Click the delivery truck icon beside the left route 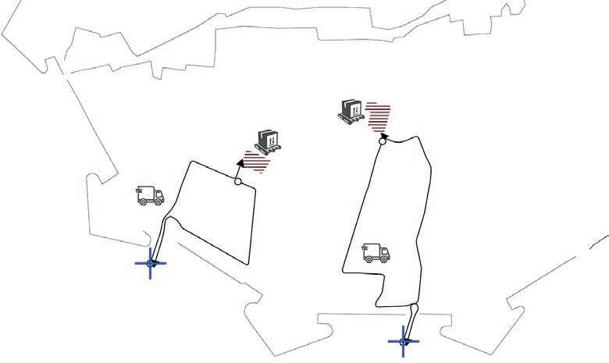[150, 195]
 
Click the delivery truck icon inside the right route [376, 252]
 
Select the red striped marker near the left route [256, 162]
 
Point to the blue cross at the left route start [150, 264]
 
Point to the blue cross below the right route [404, 340]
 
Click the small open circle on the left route [238, 181]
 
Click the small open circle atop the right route [383, 141]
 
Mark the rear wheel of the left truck [143, 202]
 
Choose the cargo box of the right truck [371, 250]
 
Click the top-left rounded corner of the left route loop [193, 163]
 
